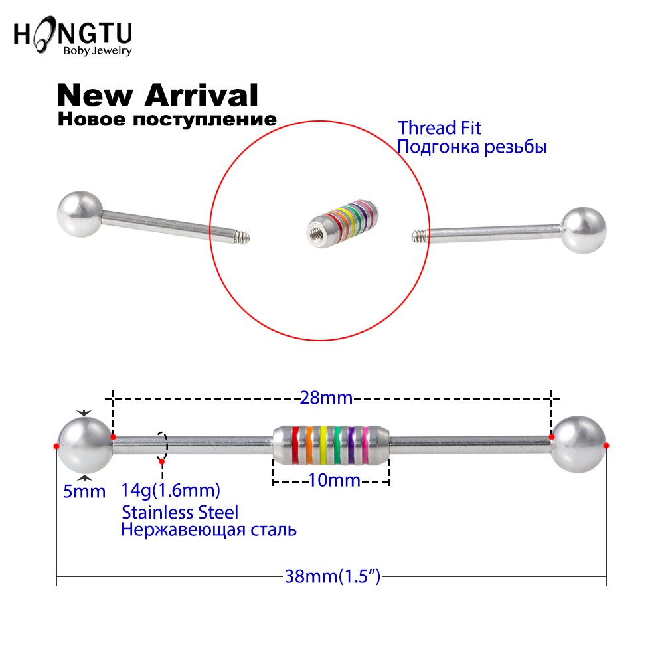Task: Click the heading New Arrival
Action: (x=157, y=95)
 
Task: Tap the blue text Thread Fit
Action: (x=439, y=128)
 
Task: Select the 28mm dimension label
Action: (x=326, y=398)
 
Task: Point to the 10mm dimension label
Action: (x=335, y=480)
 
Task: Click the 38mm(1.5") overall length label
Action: (x=333, y=576)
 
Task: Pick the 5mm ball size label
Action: (x=84, y=491)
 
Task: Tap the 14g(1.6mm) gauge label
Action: (x=171, y=491)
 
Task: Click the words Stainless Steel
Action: (x=180, y=512)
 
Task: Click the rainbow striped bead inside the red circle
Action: (x=343, y=223)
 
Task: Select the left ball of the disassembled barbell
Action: (x=80, y=214)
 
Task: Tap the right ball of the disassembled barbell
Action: (x=583, y=230)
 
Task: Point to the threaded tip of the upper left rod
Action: (x=242, y=238)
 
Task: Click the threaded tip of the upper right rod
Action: (x=420, y=236)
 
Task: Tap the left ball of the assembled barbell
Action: (x=84, y=445)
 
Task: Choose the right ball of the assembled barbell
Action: (x=578, y=445)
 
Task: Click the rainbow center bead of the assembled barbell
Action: (x=331, y=445)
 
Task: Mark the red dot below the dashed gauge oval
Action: (x=161, y=461)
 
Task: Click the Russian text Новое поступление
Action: (x=167, y=119)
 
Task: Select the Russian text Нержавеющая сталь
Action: (x=208, y=530)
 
